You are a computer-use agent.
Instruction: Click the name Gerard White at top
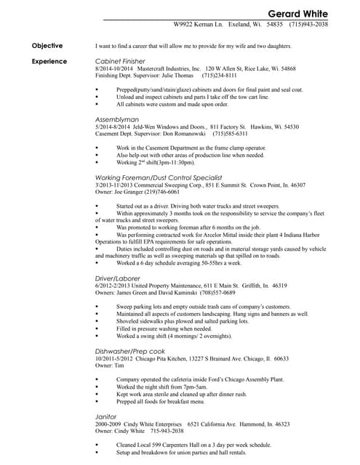point(297,14)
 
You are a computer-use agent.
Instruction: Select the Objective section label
point(47,46)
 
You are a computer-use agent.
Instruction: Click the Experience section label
point(49,61)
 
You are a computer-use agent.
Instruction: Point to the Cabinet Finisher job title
point(121,61)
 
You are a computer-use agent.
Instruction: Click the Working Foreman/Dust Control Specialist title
point(159,177)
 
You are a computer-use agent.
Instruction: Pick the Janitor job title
point(106,416)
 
